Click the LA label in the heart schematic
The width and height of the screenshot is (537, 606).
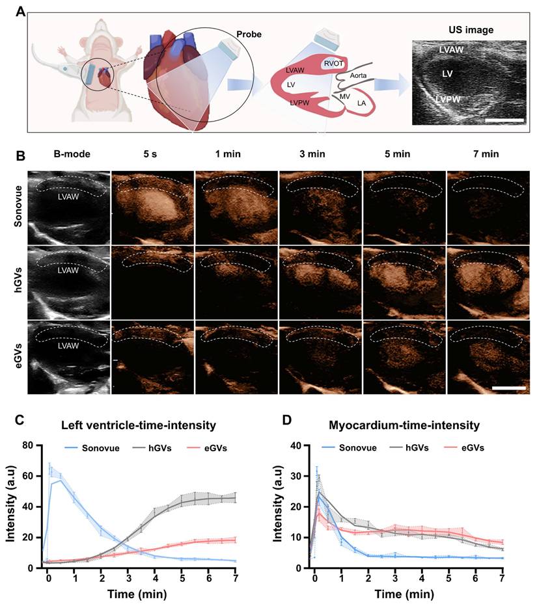[361, 103]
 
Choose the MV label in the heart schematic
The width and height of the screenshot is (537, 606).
[345, 96]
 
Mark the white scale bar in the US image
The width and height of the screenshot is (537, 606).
[504, 120]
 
